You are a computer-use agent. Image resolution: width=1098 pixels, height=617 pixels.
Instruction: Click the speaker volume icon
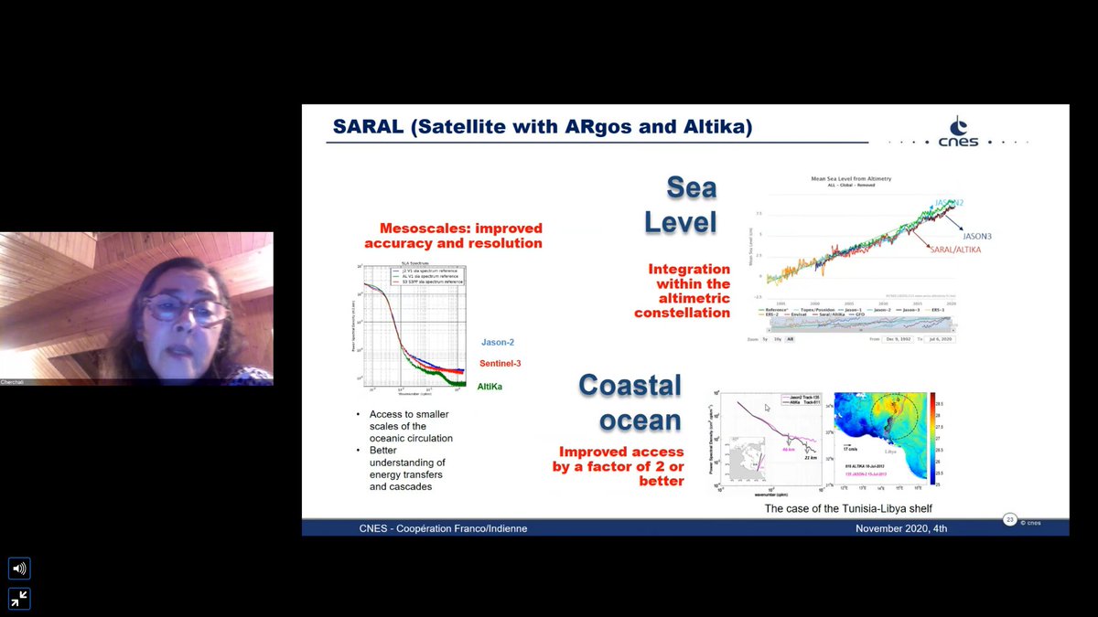19,569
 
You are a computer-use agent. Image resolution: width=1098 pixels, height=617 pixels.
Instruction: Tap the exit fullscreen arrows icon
19,599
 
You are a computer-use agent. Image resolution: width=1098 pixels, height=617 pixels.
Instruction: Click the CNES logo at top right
957,133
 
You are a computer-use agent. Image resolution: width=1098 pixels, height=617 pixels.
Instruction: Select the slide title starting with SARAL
542,127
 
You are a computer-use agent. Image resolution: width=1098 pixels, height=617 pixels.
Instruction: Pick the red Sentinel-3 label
500,364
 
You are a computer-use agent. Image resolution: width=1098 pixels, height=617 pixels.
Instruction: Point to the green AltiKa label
490,387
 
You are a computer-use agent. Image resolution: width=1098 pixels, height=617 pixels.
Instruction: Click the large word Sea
691,188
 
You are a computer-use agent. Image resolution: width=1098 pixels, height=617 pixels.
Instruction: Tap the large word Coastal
630,386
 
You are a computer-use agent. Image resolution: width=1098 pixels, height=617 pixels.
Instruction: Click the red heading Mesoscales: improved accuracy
453,236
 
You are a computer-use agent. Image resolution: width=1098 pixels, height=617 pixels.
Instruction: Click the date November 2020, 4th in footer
901,528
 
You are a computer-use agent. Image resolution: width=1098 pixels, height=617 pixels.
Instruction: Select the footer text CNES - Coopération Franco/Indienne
431,528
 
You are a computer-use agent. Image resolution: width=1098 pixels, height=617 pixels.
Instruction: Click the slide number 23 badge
1010,520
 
